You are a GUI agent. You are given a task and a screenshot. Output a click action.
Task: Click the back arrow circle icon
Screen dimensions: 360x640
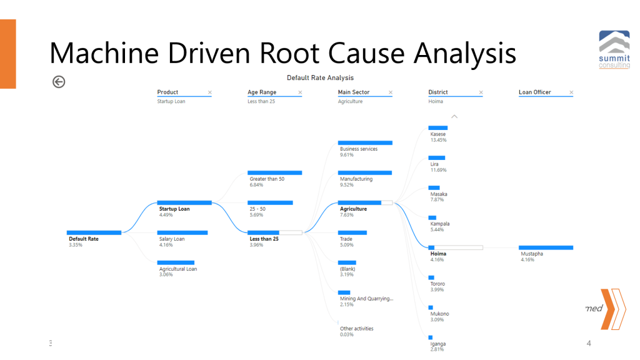(x=59, y=82)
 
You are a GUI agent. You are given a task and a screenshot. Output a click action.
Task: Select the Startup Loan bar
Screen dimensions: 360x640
(x=184, y=202)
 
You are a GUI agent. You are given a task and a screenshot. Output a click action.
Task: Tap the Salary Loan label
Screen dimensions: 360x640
(x=172, y=239)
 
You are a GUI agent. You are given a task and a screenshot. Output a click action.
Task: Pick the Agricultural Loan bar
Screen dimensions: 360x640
(x=176, y=262)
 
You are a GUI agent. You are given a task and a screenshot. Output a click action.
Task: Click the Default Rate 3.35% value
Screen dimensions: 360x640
(x=75, y=245)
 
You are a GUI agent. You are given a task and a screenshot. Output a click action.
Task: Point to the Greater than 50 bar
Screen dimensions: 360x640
(x=275, y=172)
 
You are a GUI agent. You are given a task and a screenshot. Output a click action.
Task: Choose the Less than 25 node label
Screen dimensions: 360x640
(x=264, y=239)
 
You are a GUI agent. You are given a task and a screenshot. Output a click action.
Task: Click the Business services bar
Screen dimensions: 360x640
(x=366, y=142)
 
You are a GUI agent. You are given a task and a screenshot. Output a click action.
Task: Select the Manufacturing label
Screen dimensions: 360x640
(x=356, y=179)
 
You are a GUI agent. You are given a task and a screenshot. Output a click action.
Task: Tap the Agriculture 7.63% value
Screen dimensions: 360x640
(x=347, y=215)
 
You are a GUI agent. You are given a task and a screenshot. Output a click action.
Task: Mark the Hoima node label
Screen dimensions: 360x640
(x=438, y=254)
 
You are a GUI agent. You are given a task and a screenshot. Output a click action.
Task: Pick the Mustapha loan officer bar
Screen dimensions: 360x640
(x=546, y=247)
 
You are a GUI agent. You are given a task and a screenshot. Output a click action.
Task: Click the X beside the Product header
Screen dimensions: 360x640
(x=210, y=92)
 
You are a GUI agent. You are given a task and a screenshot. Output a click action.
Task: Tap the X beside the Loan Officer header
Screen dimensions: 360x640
(x=571, y=92)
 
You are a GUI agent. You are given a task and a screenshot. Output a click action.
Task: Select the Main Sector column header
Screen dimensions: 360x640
(x=354, y=92)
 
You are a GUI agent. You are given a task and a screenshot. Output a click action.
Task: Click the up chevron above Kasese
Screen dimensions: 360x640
(x=454, y=116)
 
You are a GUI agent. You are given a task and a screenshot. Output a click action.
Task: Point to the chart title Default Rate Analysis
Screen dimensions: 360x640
(x=320, y=77)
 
